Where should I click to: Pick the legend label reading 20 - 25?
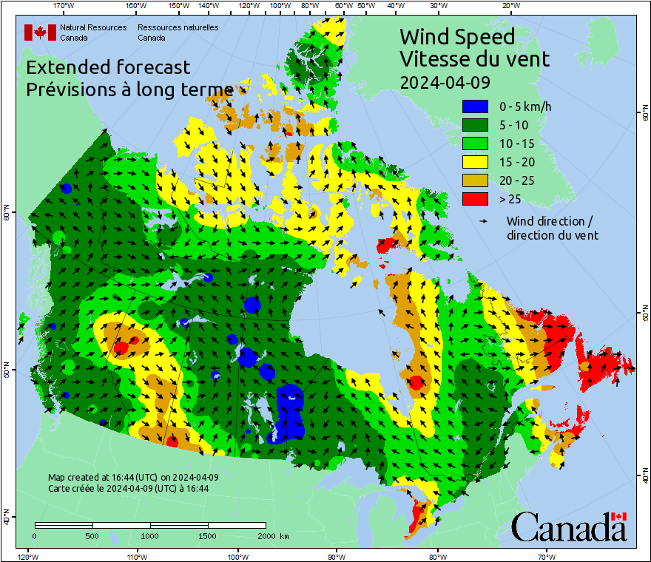coord(516,180)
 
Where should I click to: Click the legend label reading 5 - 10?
coord(513,125)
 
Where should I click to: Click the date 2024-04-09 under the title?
coord(445,82)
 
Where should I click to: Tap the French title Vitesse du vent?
coord(474,58)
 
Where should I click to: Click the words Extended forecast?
coord(108,67)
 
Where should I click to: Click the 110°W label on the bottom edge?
coord(135,556)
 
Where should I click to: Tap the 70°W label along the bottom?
coord(547,556)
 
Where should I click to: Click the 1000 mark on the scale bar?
coord(150,535)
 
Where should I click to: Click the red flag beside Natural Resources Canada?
coord(40,33)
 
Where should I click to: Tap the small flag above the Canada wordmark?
coord(618,516)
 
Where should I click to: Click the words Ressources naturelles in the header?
coord(178,27)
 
